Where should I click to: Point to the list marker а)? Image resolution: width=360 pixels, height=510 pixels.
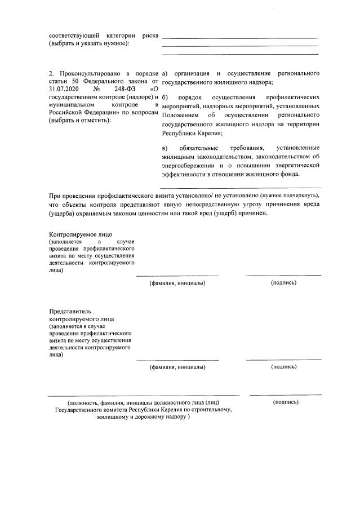(x=165, y=74)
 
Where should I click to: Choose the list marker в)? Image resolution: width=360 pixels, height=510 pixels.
(x=165, y=148)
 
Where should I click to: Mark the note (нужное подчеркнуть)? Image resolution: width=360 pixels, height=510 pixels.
(x=290, y=196)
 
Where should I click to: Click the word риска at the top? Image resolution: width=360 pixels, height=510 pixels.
(x=150, y=36)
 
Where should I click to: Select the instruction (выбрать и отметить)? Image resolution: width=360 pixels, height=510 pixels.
(x=80, y=121)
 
